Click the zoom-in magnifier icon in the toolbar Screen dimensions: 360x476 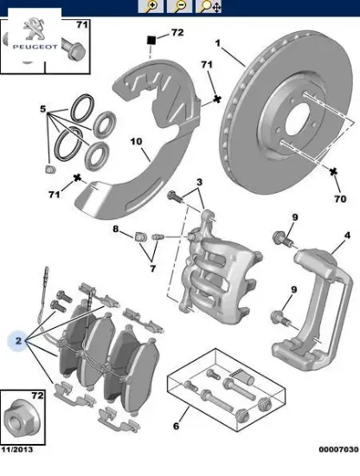point(151,6)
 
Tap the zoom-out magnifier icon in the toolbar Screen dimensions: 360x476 point(180,6)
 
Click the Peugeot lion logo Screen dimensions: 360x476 point(35,29)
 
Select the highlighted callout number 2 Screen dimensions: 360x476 point(18,341)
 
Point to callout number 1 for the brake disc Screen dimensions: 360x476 point(217,43)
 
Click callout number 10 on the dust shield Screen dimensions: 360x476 point(136,141)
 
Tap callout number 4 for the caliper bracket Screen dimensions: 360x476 point(347,235)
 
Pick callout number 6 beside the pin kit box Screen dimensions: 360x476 point(176,426)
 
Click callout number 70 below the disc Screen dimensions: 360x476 point(340,199)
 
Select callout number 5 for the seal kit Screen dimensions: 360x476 point(43,109)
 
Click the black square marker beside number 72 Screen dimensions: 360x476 point(151,40)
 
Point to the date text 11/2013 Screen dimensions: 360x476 point(17,449)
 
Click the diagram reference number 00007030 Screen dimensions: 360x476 point(338,449)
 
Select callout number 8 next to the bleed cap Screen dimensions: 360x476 point(116,228)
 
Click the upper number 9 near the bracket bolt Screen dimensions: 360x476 point(295,217)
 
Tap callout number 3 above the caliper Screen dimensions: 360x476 point(199,182)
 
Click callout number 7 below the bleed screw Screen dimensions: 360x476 point(152,268)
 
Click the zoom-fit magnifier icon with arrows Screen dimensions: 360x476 point(209,6)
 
